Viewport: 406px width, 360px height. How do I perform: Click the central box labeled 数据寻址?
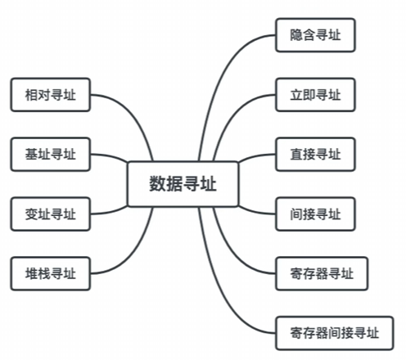[x=183, y=184]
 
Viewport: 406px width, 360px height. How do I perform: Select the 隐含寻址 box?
[x=315, y=35]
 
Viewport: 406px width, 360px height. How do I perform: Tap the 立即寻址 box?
[x=315, y=95]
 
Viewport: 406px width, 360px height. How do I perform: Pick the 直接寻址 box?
[x=315, y=155]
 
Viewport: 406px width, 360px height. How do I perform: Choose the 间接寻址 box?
[x=315, y=214]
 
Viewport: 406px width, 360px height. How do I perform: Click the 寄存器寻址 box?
[x=322, y=273]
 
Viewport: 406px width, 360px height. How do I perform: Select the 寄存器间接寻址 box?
[x=335, y=333]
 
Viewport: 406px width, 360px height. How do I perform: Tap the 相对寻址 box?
[x=51, y=95]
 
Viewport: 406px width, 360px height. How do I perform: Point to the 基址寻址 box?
[x=51, y=155]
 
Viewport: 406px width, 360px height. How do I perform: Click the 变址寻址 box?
[x=51, y=214]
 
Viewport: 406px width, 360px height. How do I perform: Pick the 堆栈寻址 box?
[x=51, y=273]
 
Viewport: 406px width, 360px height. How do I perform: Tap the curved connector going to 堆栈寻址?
[x=133, y=252]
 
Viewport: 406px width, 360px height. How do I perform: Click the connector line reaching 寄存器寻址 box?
[x=232, y=252]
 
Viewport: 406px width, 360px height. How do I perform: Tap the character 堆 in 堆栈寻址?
[x=31, y=273]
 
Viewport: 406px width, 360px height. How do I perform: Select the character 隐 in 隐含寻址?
[x=296, y=35]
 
